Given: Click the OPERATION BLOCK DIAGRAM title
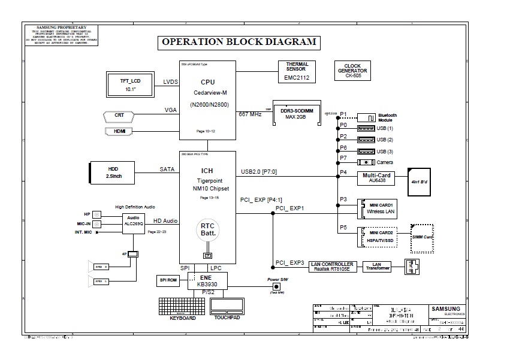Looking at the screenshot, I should point(238,43).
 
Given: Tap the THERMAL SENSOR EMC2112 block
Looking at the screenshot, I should point(297,72).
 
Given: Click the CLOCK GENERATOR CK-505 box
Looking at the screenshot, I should point(352,71).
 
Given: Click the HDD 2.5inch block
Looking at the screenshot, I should point(113,172).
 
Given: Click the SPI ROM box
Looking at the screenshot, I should point(168,280).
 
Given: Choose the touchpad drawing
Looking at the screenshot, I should point(227,305).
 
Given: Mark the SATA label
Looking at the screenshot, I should point(167,170).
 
